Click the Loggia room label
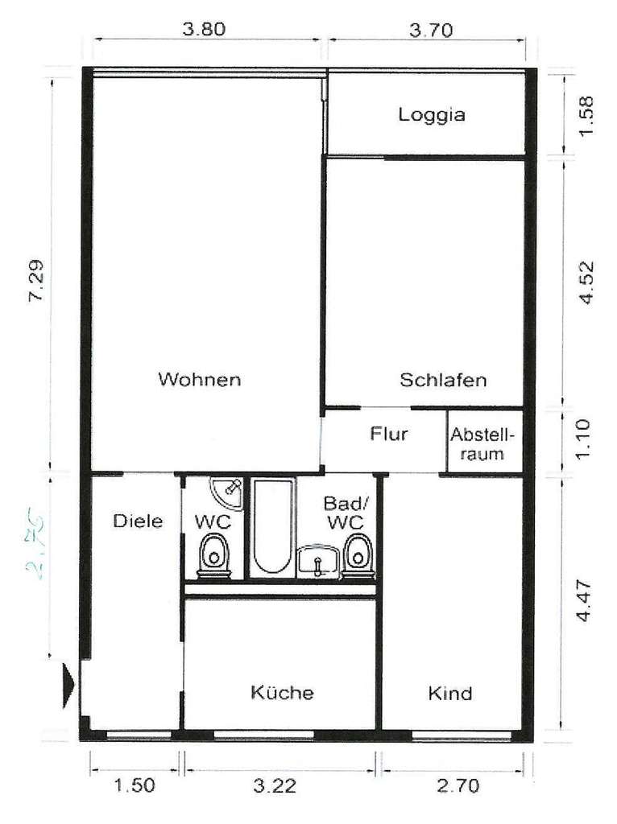[x=432, y=114]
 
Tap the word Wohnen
[x=200, y=379]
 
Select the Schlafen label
[x=443, y=380]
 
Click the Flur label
[x=389, y=435]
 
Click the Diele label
[x=138, y=521]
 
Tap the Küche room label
[x=281, y=693]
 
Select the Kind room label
[x=450, y=693]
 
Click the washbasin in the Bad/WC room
[x=320, y=561]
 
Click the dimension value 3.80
[x=204, y=30]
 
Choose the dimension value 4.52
[x=586, y=282]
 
